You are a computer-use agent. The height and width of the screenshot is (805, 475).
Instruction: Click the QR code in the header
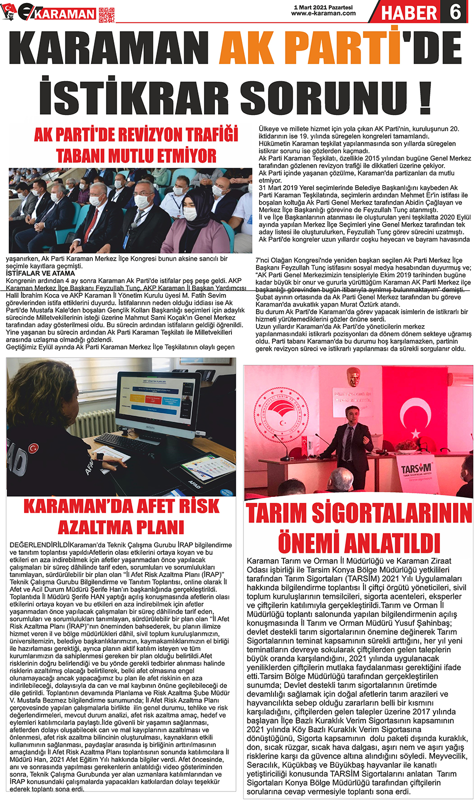106,15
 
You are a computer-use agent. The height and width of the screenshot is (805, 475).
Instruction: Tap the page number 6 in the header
455,11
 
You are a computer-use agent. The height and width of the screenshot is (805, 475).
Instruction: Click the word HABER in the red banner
409,12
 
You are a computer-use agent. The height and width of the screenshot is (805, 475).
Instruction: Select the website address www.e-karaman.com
323,14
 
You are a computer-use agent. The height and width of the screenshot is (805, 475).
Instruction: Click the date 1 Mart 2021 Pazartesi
323,8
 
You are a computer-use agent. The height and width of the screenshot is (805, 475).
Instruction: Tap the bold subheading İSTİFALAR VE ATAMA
40,274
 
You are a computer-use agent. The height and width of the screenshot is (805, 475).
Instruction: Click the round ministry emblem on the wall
281,414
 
